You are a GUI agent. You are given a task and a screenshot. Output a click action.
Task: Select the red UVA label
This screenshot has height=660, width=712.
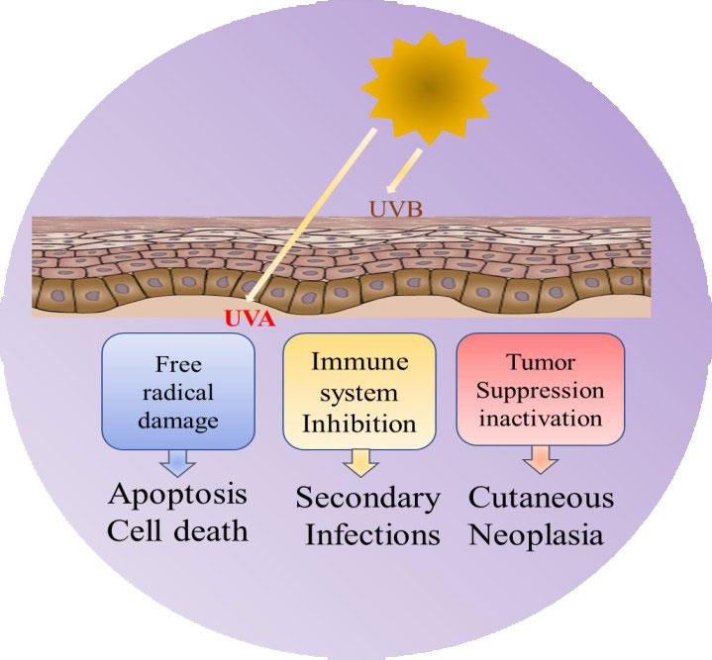[250, 320]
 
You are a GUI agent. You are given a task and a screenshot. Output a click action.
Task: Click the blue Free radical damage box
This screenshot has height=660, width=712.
[178, 390]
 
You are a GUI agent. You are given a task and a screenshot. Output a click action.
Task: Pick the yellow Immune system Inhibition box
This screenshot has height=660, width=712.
[359, 390]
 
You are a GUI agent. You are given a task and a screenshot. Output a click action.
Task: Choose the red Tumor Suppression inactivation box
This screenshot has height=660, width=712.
[540, 389]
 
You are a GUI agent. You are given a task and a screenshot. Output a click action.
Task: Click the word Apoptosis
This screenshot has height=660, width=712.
[178, 494]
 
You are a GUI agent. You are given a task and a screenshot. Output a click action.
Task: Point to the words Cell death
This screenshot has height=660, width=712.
[178, 531]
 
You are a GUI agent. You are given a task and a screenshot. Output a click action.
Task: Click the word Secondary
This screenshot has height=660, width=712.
[367, 499]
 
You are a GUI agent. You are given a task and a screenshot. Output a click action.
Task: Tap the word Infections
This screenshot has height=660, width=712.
[371, 535]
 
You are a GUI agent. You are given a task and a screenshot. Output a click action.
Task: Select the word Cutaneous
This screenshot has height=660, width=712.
[541, 498]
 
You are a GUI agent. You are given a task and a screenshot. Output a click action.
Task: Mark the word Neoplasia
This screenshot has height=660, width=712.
[541, 535]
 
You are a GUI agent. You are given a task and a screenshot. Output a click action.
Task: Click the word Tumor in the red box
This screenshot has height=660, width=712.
[540, 362]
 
